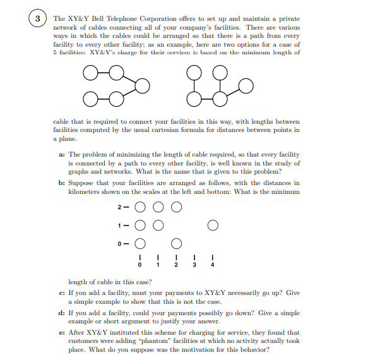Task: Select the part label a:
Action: [x=61, y=154]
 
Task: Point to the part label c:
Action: [x=61, y=293]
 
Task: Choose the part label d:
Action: [x=61, y=312]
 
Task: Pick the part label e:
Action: [x=61, y=332]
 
